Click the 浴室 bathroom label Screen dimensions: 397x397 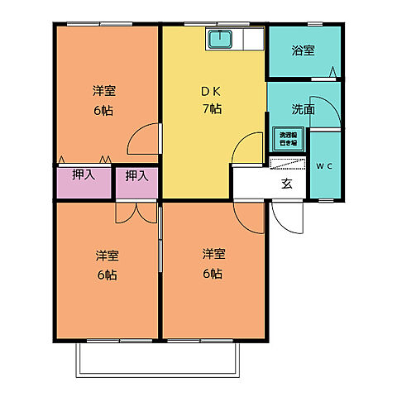[303, 50]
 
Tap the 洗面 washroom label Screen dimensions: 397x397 [303, 108]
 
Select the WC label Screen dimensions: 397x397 [324, 166]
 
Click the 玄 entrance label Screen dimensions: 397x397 [286, 184]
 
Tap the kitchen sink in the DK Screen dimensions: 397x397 [221, 38]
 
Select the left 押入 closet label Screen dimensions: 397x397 [83, 175]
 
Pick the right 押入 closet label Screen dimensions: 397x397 [136, 175]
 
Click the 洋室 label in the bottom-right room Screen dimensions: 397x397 [213, 254]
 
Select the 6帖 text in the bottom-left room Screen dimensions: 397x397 [105, 274]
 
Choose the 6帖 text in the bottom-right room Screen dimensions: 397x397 [213, 272]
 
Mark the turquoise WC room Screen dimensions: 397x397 [324, 170]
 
